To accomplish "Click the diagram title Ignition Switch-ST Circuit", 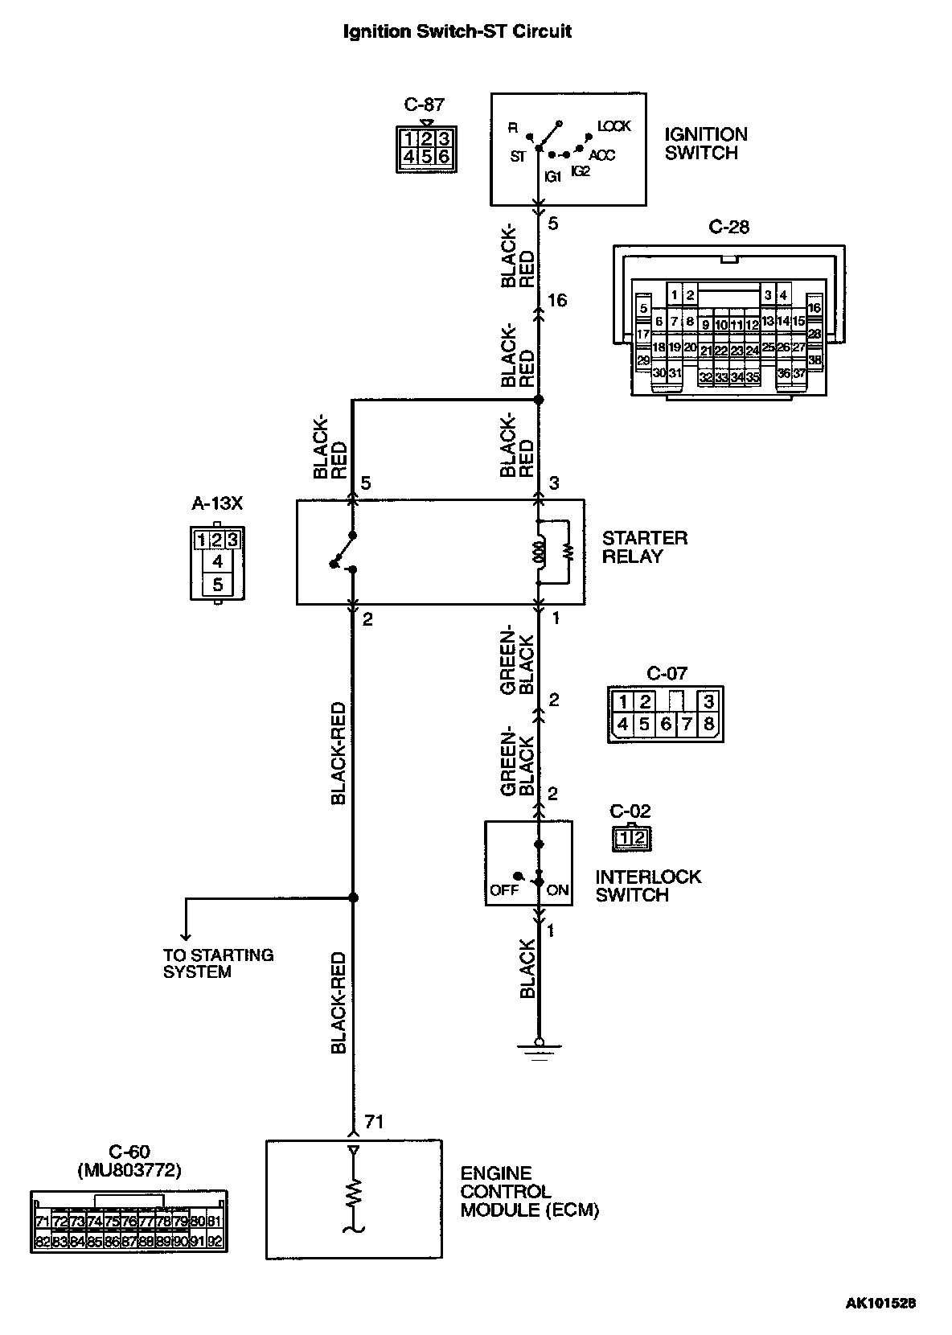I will [x=457, y=32].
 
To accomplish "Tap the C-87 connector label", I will [x=424, y=105].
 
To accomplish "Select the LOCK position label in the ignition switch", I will [x=613, y=126].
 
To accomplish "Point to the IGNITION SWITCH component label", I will [x=705, y=144].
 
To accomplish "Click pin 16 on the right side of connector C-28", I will [x=814, y=307].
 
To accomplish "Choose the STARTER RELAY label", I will [x=644, y=547].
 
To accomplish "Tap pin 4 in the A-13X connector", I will [x=217, y=561].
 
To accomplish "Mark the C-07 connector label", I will [x=667, y=674].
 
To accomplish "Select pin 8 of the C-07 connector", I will [x=708, y=724].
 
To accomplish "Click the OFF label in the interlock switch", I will [x=504, y=890].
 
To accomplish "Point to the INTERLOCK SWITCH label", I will [x=647, y=885].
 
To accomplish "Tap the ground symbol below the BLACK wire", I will [x=539, y=1045].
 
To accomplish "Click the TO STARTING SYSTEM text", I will [x=218, y=963].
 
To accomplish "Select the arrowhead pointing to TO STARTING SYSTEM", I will [x=186, y=935].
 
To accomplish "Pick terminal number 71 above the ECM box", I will [x=374, y=1121].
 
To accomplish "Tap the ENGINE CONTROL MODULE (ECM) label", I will [x=529, y=1191].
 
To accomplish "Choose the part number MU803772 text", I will [x=129, y=1170].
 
